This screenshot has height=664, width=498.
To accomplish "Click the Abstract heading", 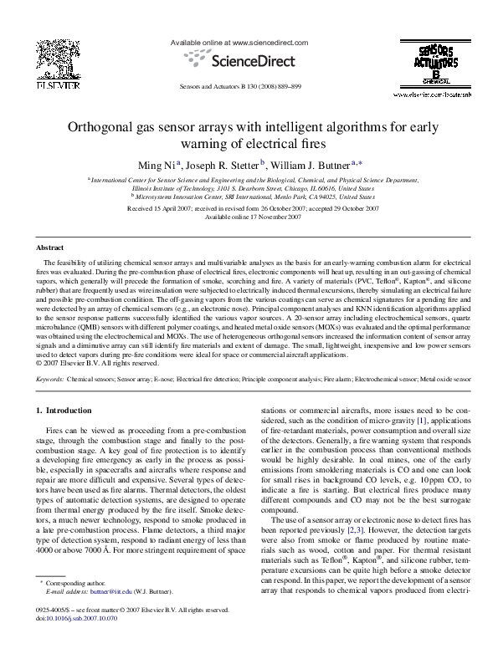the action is click(52, 248).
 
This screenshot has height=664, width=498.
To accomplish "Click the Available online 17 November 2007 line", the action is click(248, 217).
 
